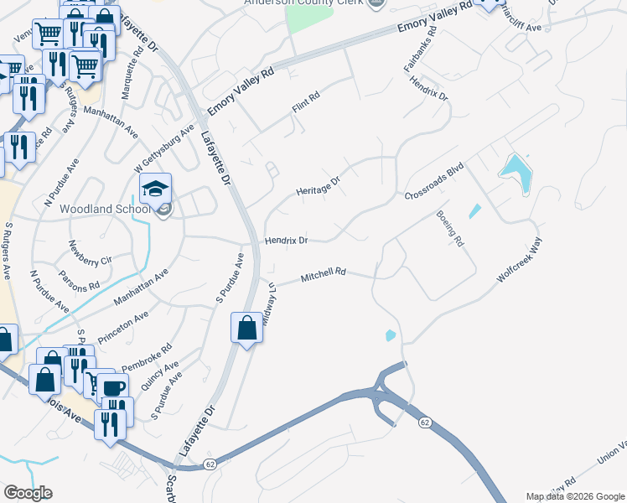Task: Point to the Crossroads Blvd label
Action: click(x=433, y=182)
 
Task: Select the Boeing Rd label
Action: click(x=449, y=228)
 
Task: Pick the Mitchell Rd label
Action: click(x=324, y=274)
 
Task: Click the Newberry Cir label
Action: click(x=90, y=253)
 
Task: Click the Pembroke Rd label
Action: click(x=147, y=357)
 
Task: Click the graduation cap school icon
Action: click(x=156, y=189)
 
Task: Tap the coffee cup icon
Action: click(x=112, y=389)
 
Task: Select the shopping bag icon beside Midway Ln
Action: click(x=247, y=329)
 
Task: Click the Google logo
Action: click(x=28, y=493)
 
